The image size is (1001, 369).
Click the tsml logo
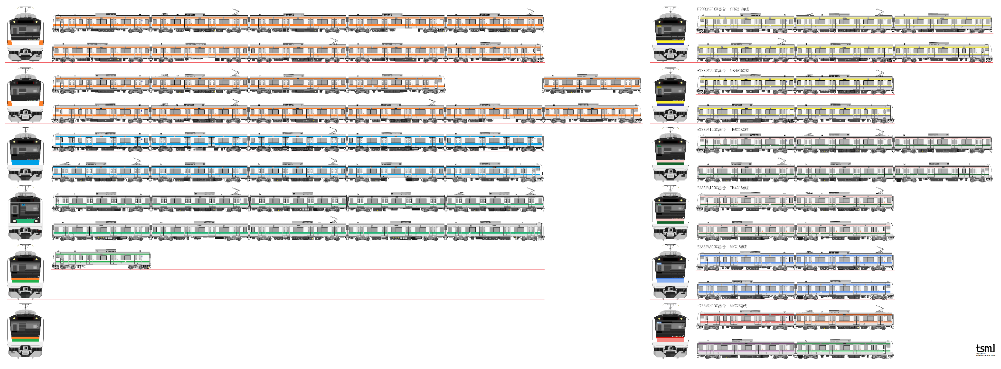pos(985,349)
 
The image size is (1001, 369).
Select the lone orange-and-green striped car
pos(102,259)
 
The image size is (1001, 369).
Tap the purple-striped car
pos(746,349)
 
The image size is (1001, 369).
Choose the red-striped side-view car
pos(746,319)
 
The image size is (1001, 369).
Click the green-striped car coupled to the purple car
pos(844,349)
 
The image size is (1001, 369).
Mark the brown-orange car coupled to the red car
pos(844,319)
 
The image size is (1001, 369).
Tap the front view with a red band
pos(670,331)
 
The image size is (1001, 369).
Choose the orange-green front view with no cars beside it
pos(25,331)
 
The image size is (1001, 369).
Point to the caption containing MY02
pos(722,306)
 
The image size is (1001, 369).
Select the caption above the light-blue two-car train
pos(722,247)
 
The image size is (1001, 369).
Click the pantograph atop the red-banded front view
pos(670,307)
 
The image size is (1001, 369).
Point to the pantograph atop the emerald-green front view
pos(25,189)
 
